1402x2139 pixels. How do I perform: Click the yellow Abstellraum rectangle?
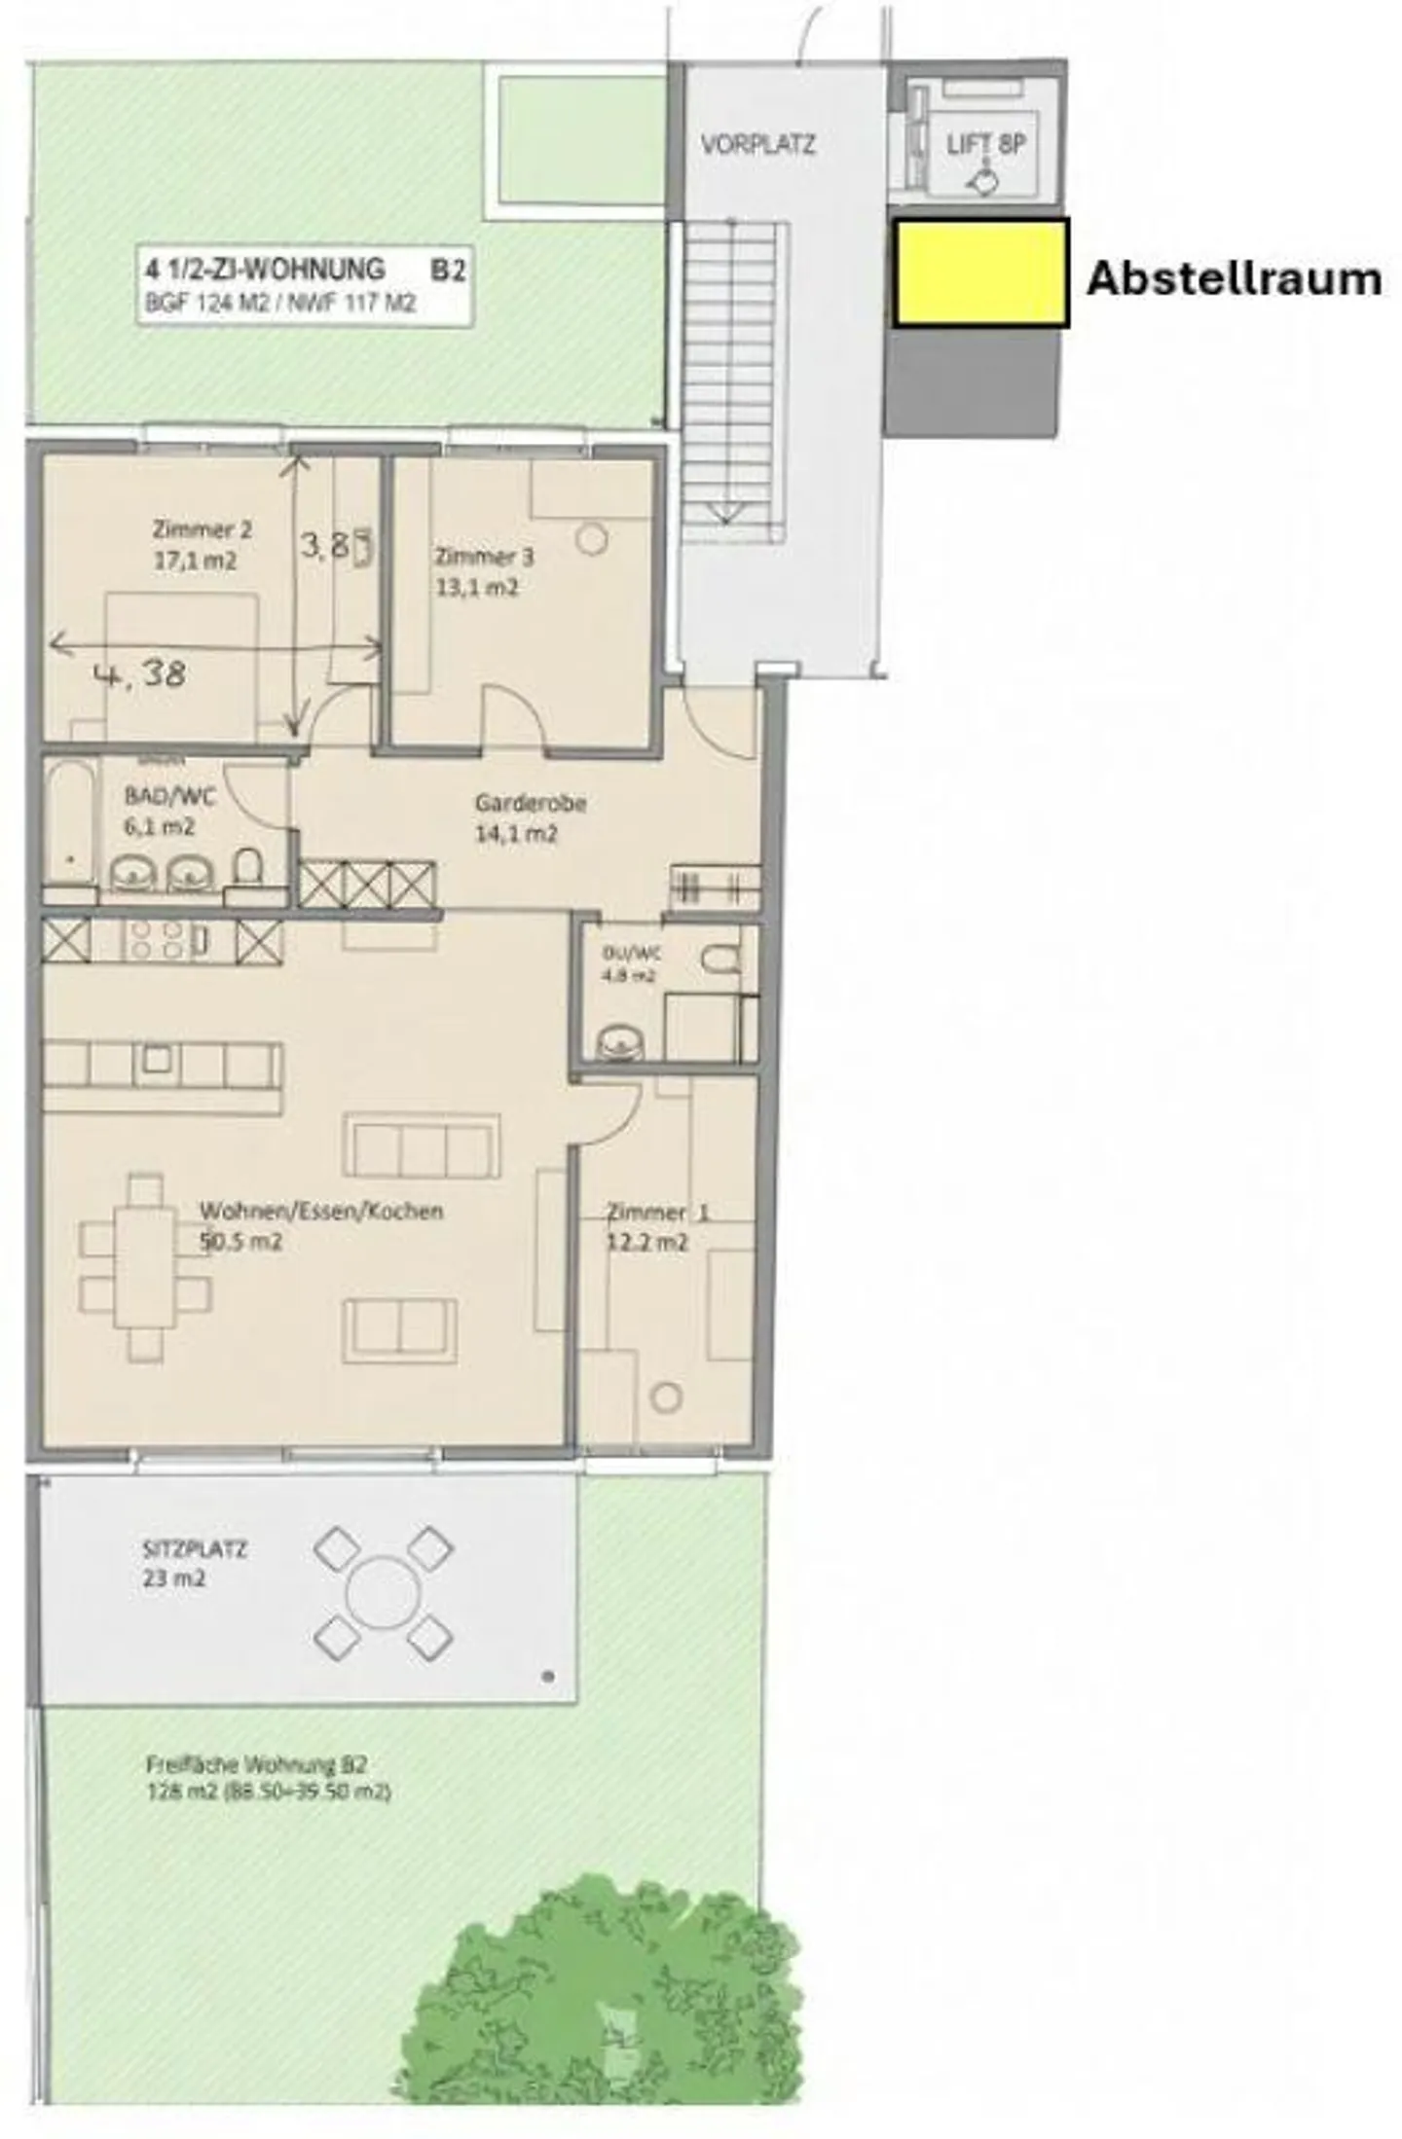coord(980,272)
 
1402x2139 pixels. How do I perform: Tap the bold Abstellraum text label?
coord(1234,278)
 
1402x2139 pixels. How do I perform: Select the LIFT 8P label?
coord(985,144)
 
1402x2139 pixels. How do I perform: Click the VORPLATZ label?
coord(757,145)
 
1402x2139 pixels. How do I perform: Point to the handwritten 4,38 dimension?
coord(141,673)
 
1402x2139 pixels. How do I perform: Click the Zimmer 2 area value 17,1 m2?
coord(195,561)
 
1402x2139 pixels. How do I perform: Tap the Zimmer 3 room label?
coord(484,557)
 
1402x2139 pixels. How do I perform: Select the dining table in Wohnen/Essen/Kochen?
coord(145,1265)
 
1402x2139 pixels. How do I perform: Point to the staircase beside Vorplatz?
coord(732,380)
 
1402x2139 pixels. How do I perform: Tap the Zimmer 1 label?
coord(657,1214)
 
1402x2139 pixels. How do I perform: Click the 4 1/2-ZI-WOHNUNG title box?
coord(305,283)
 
